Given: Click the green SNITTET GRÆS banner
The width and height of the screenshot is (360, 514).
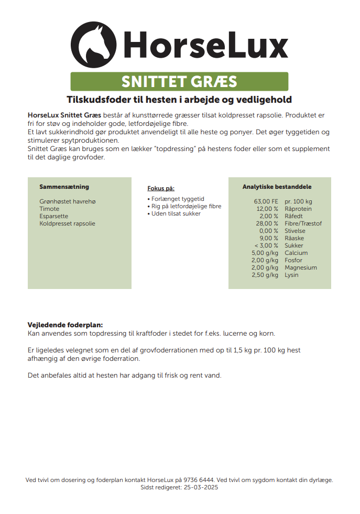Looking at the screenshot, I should click(x=179, y=82).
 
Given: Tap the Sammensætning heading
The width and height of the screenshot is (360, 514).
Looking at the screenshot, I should click(x=64, y=187).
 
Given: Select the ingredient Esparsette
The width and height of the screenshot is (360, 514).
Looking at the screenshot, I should click(x=53, y=216).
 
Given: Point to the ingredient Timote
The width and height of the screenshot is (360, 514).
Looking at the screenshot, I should click(x=49, y=209).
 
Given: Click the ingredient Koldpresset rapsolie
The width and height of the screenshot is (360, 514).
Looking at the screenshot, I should click(x=67, y=223).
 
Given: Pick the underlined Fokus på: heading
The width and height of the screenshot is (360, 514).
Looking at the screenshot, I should click(x=161, y=188).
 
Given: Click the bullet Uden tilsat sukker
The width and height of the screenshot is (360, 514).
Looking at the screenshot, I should click(x=176, y=213).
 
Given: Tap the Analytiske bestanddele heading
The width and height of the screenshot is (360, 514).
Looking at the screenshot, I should click(x=277, y=187).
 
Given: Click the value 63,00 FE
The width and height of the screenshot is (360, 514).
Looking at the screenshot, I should click(x=266, y=201).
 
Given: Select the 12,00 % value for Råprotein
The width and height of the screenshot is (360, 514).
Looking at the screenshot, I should click(x=267, y=209).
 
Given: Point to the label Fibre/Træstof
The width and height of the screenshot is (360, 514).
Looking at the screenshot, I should click(x=303, y=223).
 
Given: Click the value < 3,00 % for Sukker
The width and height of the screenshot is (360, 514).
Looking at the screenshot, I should click(x=266, y=245).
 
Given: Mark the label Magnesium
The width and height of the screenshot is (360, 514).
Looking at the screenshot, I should click(x=300, y=267).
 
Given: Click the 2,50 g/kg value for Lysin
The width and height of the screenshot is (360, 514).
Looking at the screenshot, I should click(x=265, y=275).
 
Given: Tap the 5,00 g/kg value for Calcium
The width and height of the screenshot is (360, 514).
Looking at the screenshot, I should click(x=265, y=253).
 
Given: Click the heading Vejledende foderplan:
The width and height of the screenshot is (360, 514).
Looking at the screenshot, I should click(x=65, y=325).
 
